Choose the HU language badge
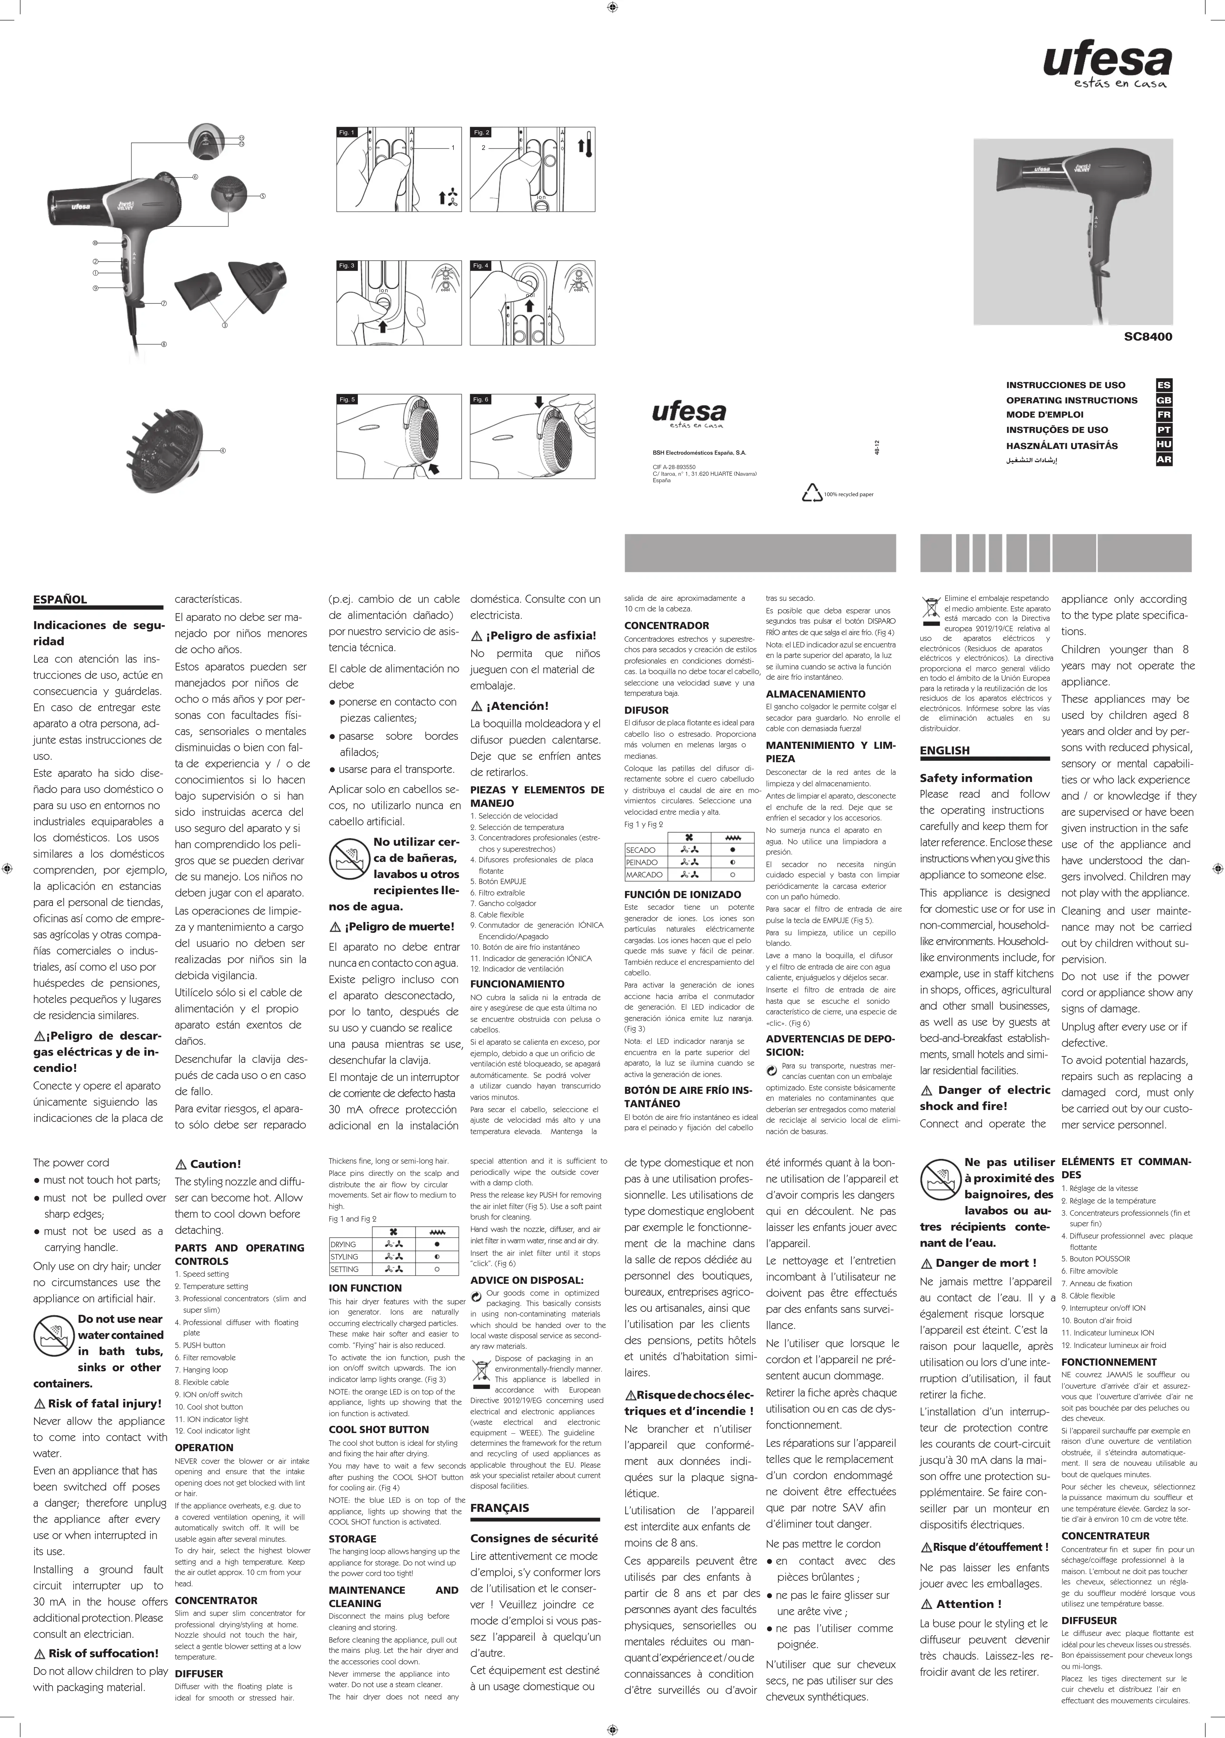(x=1164, y=444)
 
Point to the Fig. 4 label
(x=481, y=266)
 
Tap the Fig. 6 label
(x=481, y=399)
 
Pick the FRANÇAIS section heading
(x=500, y=1507)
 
